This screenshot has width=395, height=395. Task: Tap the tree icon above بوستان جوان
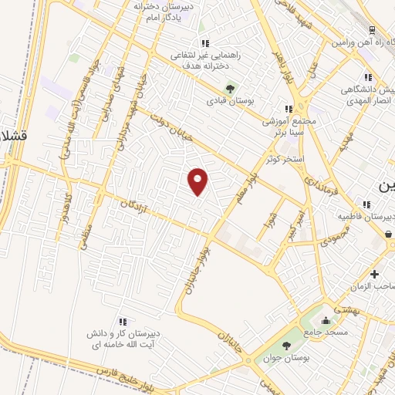[x=287, y=345]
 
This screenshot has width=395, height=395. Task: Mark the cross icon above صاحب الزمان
[x=373, y=274]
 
